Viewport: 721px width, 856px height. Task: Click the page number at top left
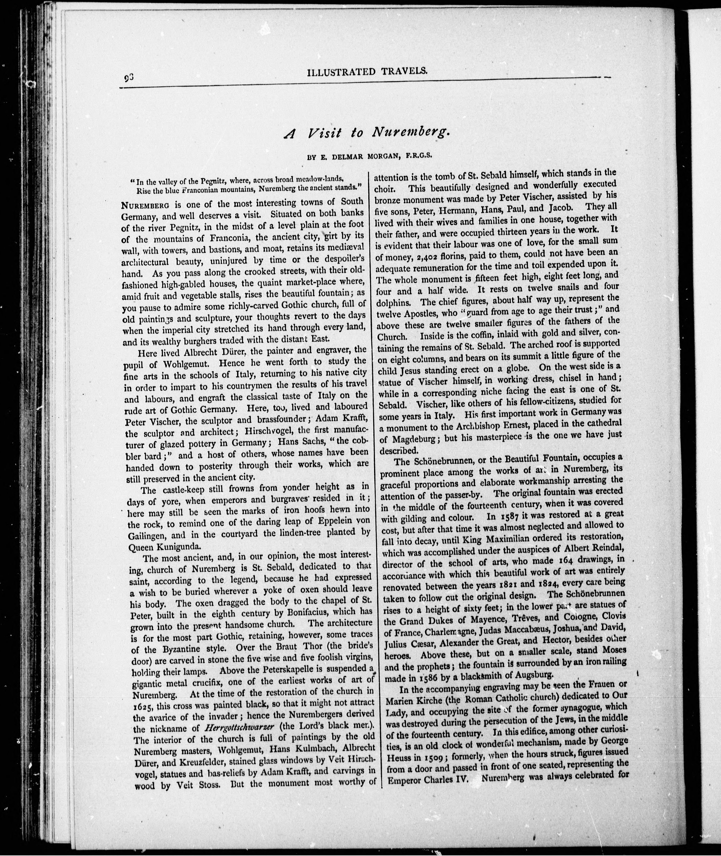coord(130,77)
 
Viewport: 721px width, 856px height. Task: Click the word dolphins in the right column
coord(395,303)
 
